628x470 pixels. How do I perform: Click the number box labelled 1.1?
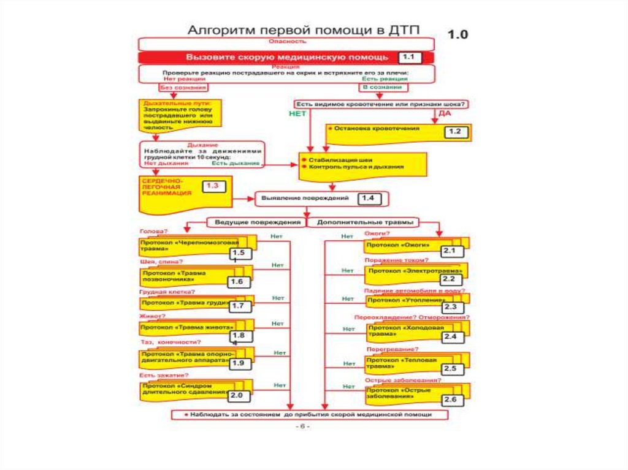(408, 58)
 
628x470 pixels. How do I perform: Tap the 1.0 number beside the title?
(457, 35)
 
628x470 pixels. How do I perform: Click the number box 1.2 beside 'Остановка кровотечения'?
(455, 132)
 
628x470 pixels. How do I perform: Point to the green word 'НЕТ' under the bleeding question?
(297, 114)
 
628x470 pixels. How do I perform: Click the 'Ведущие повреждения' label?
(256, 222)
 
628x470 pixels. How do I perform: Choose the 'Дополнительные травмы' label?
(364, 222)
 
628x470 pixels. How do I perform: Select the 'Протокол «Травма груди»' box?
(184, 303)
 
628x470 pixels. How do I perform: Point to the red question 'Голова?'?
(153, 232)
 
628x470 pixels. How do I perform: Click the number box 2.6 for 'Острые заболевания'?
(451, 400)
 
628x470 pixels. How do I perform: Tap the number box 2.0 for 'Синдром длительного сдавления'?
(237, 396)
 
